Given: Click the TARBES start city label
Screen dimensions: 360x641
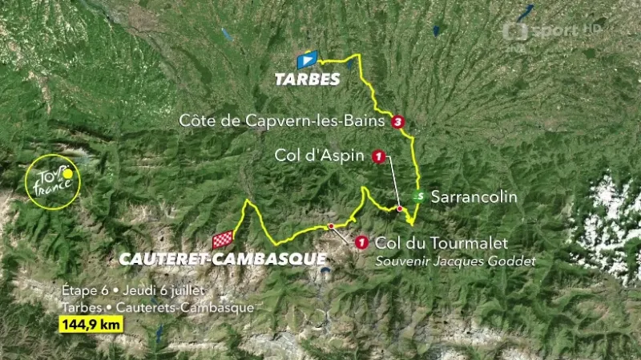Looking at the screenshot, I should pos(307,79).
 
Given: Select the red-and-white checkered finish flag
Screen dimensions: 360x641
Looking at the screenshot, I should pos(223,239).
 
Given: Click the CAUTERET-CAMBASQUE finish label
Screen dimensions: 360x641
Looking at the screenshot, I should pos(223,259).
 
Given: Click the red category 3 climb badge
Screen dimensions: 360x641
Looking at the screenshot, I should pos(398,122).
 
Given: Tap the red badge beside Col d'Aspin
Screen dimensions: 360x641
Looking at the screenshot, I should pos(378,156).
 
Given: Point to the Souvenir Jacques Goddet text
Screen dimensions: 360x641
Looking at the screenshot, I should pos(455,261).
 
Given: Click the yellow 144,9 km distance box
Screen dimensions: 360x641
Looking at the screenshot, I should pos(90,326).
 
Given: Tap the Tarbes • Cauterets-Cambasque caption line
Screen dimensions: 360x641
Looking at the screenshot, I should pos(156,308).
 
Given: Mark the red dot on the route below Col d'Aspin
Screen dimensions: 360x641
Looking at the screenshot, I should pos(399,208).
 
